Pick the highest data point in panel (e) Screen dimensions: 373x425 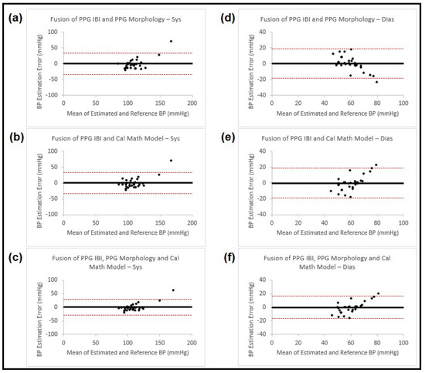376,164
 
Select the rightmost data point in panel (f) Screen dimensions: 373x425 378,293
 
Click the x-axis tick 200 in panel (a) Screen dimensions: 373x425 192,102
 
